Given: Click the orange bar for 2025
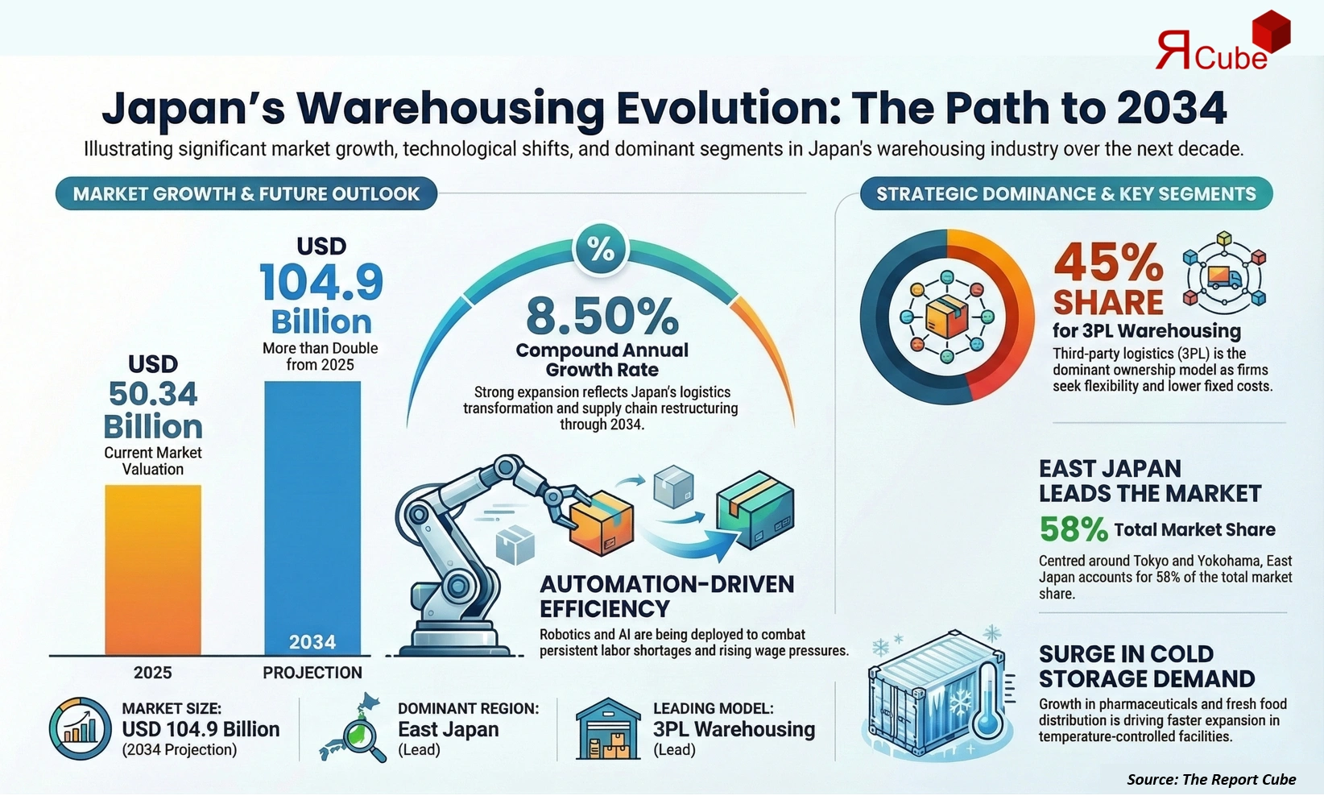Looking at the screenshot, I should (153, 569).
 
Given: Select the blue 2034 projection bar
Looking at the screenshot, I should (312, 516).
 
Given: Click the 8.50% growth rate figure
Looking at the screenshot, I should (602, 317).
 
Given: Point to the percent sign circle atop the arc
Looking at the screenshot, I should (601, 249).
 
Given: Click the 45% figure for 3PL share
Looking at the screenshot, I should (1108, 263).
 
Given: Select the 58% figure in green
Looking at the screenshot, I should (1073, 529).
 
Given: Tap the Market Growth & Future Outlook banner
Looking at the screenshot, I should (246, 194).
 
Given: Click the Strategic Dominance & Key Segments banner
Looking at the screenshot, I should (1065, 194).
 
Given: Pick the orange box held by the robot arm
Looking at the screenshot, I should (601, 524).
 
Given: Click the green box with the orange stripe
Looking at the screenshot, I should (755, 511).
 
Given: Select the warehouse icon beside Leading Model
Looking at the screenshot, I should (608, 729).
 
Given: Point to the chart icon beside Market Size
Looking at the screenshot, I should (80, 729).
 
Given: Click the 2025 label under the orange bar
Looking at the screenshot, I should (153, 673).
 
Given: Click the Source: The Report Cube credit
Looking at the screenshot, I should (1210, 779).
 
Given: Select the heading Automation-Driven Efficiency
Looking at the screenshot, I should (666, 596).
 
